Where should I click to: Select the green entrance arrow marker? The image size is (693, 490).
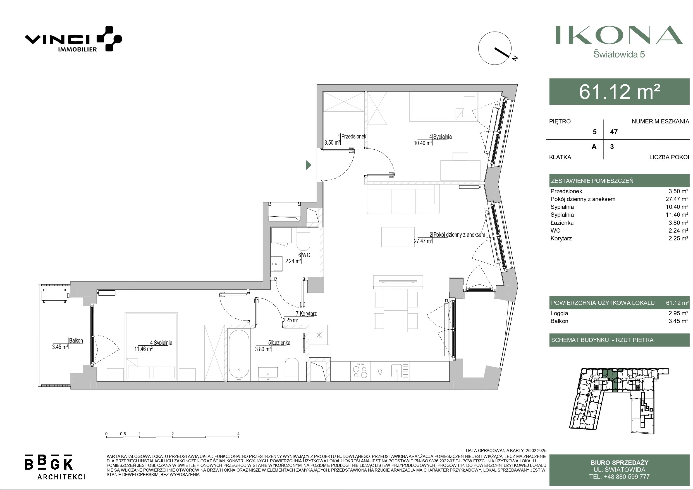tap(309, 165)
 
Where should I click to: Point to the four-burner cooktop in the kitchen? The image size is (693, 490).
tap(360, 371)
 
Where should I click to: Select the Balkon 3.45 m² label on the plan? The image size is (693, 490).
tap(68, 344)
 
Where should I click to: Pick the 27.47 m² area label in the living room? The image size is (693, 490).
tap(423, 241)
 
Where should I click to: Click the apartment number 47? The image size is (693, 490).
tap(614, 132)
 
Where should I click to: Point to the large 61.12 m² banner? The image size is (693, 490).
tap(619, 92)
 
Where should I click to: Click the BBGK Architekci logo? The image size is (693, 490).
tap(55, 467)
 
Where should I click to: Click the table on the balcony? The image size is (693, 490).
tap(55, 296)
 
